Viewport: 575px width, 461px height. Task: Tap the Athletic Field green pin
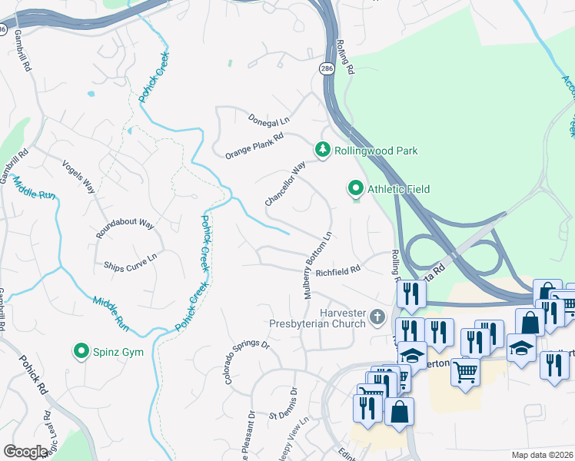pyautogui.click(x=355, y=188)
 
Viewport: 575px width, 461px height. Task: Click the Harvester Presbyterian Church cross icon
pyautogui.click(x=377, y=316)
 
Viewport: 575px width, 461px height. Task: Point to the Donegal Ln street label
pyautogui.click(x=268, y=120)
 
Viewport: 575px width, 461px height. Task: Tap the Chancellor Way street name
pyautogui.click(x=285, y=183)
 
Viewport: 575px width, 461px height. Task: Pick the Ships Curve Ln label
pyautogui.click(x=130, y=261)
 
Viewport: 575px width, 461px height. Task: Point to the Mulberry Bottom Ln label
pyautogui.click(x=317, y=265)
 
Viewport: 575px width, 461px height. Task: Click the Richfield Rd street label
pyautogui.click(x=337, y=270)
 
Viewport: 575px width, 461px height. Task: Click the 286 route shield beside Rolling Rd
pyautogui.click(x=327, y=68)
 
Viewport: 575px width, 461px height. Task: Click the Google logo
pyautogui.click(x=25, y=452)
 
